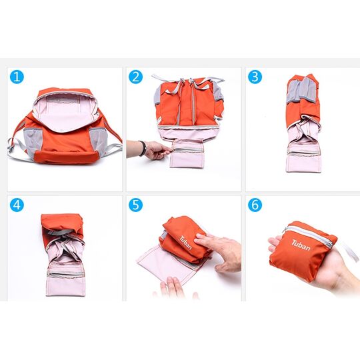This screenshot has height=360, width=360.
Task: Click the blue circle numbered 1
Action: point(17,77)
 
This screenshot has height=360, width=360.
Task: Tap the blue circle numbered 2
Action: point(135,77)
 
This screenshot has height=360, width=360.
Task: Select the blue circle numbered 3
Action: point(255,77)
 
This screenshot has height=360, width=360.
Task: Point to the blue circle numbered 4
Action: point(17,205)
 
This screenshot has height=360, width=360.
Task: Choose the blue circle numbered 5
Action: point(135,205)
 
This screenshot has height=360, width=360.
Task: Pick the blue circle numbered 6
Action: point(255,205)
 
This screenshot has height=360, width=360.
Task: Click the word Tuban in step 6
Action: point(301,245)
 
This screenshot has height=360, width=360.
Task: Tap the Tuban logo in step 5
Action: point(185,243)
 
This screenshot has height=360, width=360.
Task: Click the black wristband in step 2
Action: point(143,148)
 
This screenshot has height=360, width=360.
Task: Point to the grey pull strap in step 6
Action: point(348,251)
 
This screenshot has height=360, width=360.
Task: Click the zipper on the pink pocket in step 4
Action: point(65,274)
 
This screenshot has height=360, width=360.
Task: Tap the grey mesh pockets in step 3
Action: point(301,90)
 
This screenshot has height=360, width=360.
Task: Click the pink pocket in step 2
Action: point(187,153)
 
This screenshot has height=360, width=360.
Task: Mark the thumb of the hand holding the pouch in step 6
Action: point(275,245)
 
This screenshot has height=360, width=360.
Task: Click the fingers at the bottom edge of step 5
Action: point(175,288)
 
